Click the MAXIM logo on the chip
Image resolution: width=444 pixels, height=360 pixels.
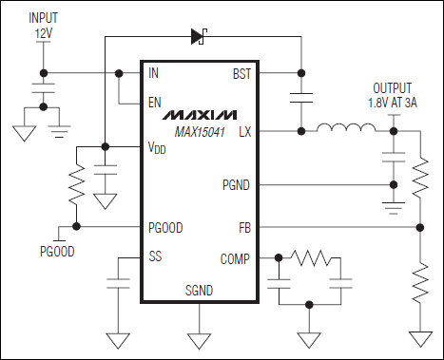(x=199, y=114)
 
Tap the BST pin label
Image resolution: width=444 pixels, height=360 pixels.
(x=241, y=72)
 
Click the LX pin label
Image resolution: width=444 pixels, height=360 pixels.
(x=244, y=131)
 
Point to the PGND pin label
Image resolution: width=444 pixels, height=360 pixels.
(x=236, y=184)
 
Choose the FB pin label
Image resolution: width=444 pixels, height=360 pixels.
(x=244, y=228)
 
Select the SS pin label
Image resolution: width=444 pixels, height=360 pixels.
(x=156, y=257)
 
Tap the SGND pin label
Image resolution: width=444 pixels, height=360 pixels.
(x=199, y=291)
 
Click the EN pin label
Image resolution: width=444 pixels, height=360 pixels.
(x=155, y=102)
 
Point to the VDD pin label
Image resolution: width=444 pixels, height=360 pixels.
(x=158, y=148)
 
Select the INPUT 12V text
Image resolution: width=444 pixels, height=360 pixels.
(x=43, y=26)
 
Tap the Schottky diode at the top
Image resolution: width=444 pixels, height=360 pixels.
(x=199, y=37)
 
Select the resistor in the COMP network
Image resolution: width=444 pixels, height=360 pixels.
(x=310, y=257)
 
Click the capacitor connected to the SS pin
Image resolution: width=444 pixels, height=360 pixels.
(x=118, y=282)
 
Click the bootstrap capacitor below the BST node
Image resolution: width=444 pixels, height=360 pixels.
(x=300, y=101)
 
